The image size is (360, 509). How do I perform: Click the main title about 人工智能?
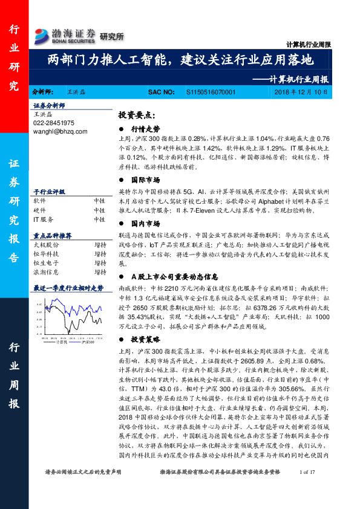pyautogui.click(x=180, y=60)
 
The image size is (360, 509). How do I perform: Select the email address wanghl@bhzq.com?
pyautogui.click(x=61, y=131)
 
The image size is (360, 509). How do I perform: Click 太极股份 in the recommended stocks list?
pyautogui.click(x=46, y=245)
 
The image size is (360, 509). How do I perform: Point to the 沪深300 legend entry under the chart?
pyautogui.click(x=87, y=342)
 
